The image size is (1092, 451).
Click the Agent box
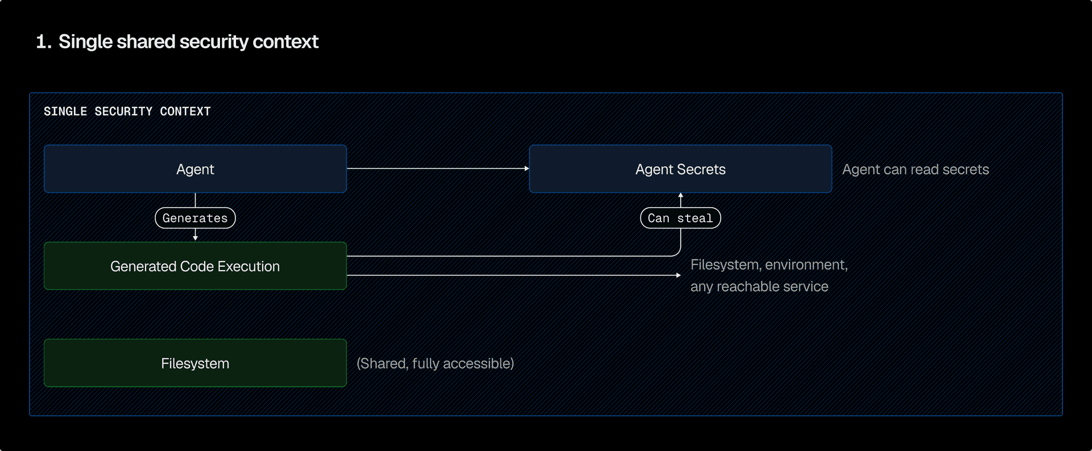click(195, 169)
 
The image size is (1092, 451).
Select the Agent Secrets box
click(680, 169)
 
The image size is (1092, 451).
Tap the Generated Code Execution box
click(195, 266)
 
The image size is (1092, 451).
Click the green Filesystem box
click(195, 363)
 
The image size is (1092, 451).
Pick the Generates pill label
click(195, 218)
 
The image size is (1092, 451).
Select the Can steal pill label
click(680, 218)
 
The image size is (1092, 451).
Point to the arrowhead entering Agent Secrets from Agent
click(527, 168)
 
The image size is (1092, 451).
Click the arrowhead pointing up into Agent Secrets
click(680, 196)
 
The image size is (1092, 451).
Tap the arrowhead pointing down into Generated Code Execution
click(195, 238)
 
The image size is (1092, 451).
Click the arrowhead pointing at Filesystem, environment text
click(678, 275)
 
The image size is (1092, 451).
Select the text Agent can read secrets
click(915, 169)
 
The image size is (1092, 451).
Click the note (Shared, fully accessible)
click(435, 363)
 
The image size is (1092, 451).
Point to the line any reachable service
click(759, 287)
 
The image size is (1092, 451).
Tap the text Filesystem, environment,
click(769, 265)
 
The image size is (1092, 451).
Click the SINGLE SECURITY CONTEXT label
click(127, 111)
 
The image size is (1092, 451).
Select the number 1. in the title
click(43, 42)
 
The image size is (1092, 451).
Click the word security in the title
click(214, 42)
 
